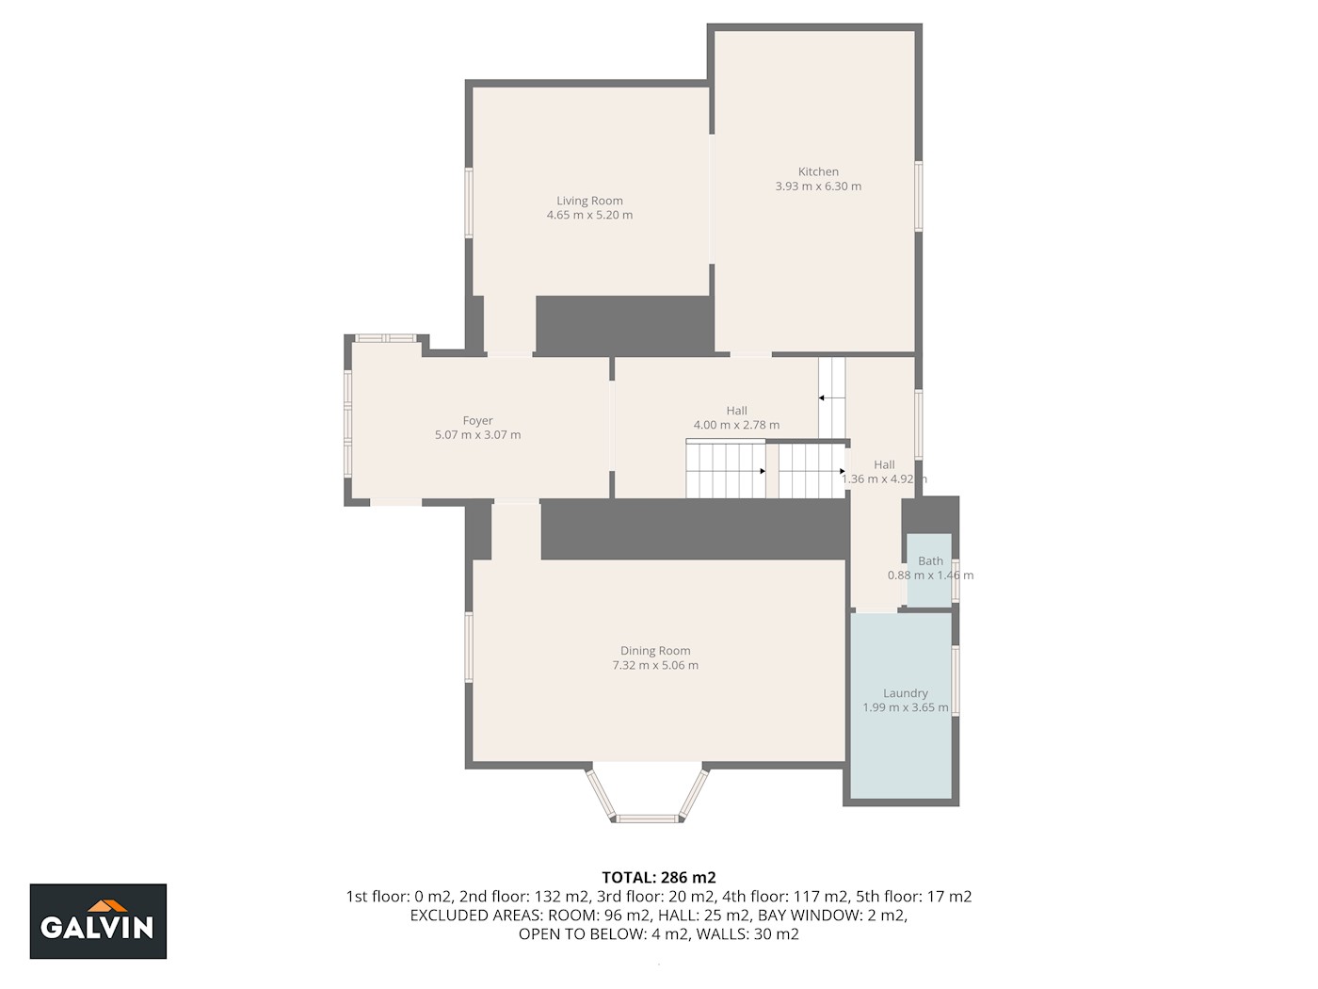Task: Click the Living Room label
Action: coord(589,201)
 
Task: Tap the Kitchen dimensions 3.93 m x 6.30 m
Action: coord(818,186)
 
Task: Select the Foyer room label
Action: coord(477,420)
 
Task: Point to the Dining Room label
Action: coord(655,650)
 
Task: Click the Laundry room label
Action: coord(906,693)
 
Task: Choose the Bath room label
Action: coord(930,560)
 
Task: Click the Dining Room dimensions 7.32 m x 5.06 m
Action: coord(655,665)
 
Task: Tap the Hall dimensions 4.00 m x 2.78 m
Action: coord(736,425)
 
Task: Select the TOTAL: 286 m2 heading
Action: coord(659,877)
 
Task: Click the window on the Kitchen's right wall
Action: coord(918,196)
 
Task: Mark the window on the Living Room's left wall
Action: coord(469,203)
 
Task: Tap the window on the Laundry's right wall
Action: coord(955,680)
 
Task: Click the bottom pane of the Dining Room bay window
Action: coord(648,819)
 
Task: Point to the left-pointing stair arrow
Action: coord(831,398)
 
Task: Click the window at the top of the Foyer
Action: coord(385,338)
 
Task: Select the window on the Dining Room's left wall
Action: coord(469,647)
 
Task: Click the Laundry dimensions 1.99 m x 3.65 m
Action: coord(906,707)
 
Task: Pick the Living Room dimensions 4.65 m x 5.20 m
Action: coord(589,215)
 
